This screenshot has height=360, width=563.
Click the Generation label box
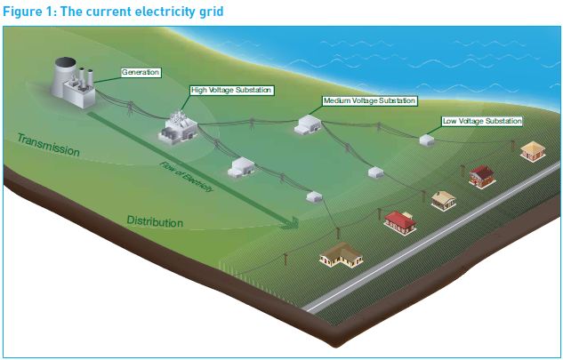pos(141,71)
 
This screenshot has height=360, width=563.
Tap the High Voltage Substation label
pos(230,90)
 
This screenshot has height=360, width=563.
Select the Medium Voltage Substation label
pos(368,101)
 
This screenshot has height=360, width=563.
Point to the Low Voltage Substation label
pos(481,120)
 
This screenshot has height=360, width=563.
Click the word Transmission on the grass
pos(48,146)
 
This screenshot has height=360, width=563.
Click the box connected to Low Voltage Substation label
pos(427,140)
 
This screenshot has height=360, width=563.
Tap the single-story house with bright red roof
pos(400,220)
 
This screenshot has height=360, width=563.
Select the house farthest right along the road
pos(532,150)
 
